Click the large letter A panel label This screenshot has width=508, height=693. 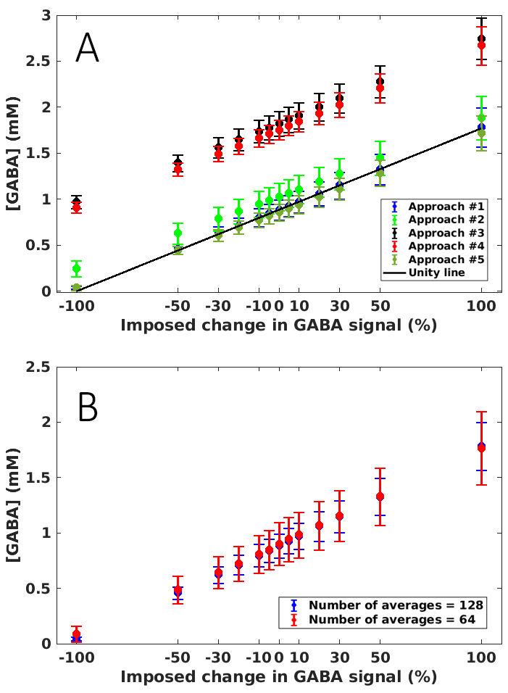[x=88, y=49]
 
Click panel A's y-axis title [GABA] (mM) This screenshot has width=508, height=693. [x=16, y=153]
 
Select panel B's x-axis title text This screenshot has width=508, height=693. [x=278, y=677]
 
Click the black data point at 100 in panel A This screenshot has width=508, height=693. [x=481, y=38]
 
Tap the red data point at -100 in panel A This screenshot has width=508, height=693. [x=76, y=208]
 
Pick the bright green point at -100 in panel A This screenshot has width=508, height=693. [x=76, y=269]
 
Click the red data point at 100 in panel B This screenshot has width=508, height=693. [x=481, y=448]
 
